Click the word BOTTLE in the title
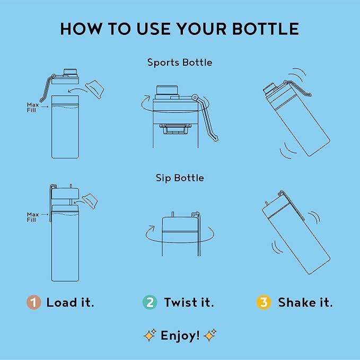point(266,29)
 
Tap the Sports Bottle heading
point(180,63)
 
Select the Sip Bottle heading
point(180,178)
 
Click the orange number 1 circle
point(34,302)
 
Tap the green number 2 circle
point(150,302)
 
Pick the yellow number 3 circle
point(264,302)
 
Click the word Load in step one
point(62,302)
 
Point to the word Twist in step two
point(181,302)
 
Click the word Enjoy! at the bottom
point(180,336)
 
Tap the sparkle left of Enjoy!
point(150,335)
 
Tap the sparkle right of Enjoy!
point(210,335)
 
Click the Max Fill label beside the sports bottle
point(33,108)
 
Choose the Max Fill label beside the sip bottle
point(33,217)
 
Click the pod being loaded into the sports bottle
point(94,89)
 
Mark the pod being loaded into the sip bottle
point(90,201)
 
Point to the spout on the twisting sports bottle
point(167,90)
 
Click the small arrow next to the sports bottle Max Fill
point(45,107)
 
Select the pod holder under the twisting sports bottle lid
point(175,129)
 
